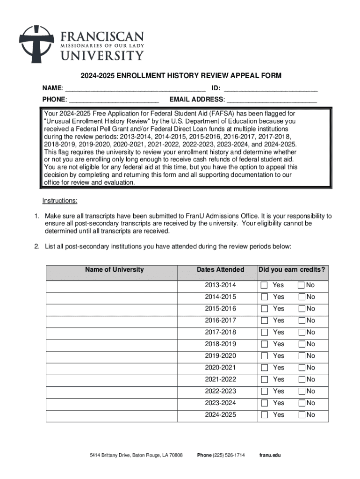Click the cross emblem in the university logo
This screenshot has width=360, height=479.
(36, 44)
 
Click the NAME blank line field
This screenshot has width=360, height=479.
(135, 88)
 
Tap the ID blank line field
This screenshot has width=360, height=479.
(271, 88)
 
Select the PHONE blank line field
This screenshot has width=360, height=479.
(114, 99)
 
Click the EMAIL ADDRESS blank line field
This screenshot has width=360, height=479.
(272, 99)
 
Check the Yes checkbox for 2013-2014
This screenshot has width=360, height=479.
(265, 285)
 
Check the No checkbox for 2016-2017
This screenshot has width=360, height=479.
(302, 320)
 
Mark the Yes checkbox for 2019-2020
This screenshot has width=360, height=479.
(265, 356)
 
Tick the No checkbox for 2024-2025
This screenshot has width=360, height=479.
(302, 415)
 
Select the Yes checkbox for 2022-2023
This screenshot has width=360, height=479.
(265, 391)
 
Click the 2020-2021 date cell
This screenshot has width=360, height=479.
(220, 368)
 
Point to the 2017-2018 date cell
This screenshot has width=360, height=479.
(220, 332)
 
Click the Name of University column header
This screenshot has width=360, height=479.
(114, 270)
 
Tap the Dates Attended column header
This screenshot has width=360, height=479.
(220, 270)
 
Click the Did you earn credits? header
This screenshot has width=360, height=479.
(292, 270)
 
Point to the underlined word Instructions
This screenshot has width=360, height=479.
(60, 201)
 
